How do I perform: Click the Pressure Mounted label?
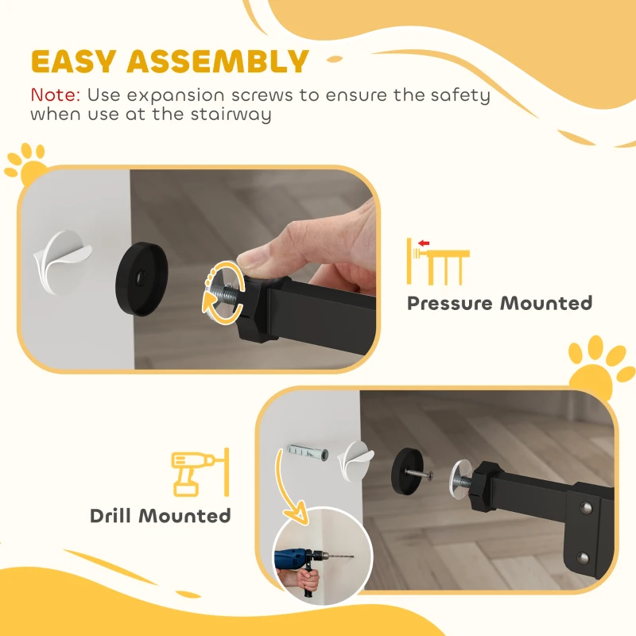499,303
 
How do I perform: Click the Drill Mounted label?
160,515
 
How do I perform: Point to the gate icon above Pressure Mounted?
436,261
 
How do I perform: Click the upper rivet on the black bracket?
587,507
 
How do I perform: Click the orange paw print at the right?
597,366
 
